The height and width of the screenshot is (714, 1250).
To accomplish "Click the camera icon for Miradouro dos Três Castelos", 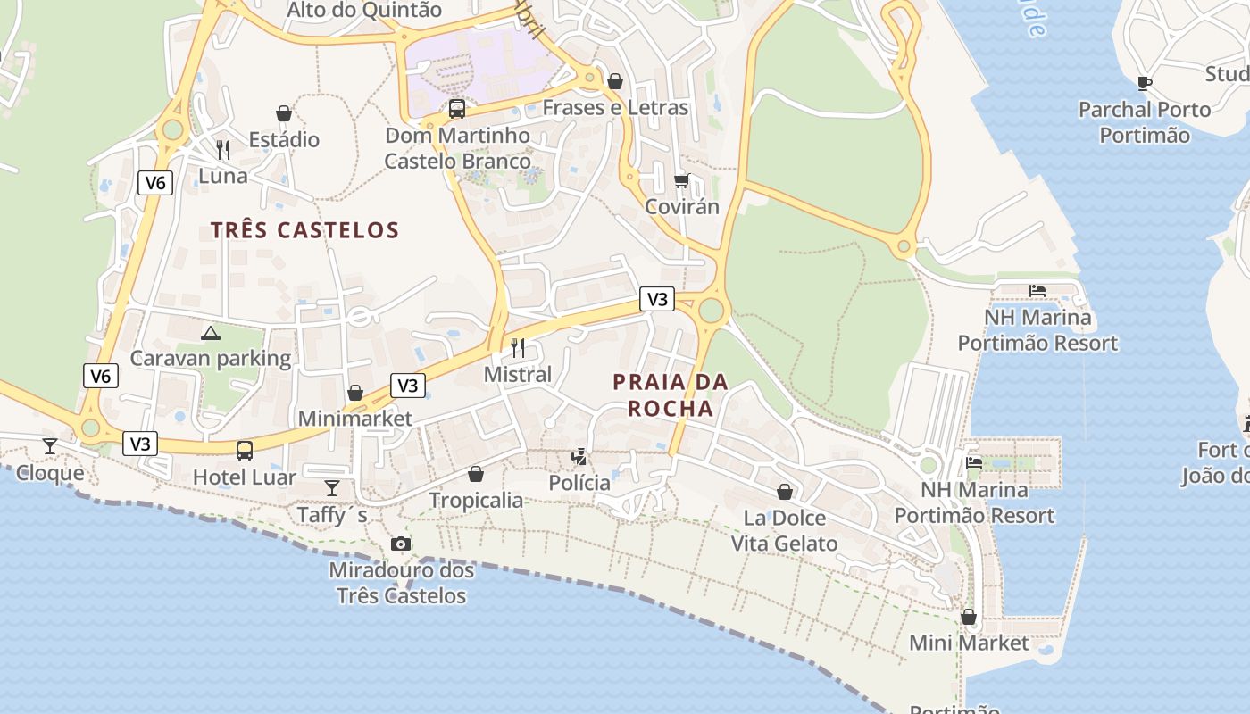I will pyautogui.click(x=401, y=544).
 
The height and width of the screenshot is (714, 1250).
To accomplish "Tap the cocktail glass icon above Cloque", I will pyautogui.click(x=50, y=445).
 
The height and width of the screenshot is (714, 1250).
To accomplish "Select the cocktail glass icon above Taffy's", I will pyautogui.click(x=332, y=487).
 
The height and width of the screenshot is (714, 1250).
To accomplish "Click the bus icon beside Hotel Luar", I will pyautogui.click(x=245, y=451).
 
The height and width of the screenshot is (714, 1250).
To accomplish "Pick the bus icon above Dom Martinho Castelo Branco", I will pyautogui.click(x=457, y=109).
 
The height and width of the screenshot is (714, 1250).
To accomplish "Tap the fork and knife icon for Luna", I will pyautogui.click(x=223, y=149).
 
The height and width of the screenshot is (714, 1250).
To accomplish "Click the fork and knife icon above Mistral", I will pyautogui.click(x=518, y=347).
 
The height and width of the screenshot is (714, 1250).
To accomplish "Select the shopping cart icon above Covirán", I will pyautogui.click(x=682, y=180).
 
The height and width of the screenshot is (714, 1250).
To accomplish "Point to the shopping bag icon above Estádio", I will pyautogui.click(x=284, y=113).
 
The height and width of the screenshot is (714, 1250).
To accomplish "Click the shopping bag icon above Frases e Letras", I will pyautogui.click(x=615, y=81).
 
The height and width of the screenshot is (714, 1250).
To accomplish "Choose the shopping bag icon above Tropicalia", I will pyautogui.click(x=476, y=473).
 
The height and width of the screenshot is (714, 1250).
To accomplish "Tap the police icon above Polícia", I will pyautogui.click(x=579, y=457).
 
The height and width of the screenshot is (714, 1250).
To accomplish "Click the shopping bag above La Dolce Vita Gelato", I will pyautogui.click(x=785, y=491).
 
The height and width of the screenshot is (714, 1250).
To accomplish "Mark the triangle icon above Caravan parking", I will pyautogui.click(x=211, y=333).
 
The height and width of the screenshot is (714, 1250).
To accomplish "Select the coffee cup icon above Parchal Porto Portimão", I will pyautogui.click(x=1145, y=83).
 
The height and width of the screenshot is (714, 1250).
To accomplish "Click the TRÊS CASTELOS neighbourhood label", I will pyautogui.click(x=304, y=230).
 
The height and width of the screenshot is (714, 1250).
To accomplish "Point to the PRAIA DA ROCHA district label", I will pyautogui.click(x=671, y=395).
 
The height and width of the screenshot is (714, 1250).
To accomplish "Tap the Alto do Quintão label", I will pyautogui.click(x=364, y=11).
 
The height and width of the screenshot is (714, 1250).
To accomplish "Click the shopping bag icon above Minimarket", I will pyautogui.click(x=355, y=393).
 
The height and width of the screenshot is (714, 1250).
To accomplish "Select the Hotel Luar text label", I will pyautogui.click(x=245, y=477).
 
